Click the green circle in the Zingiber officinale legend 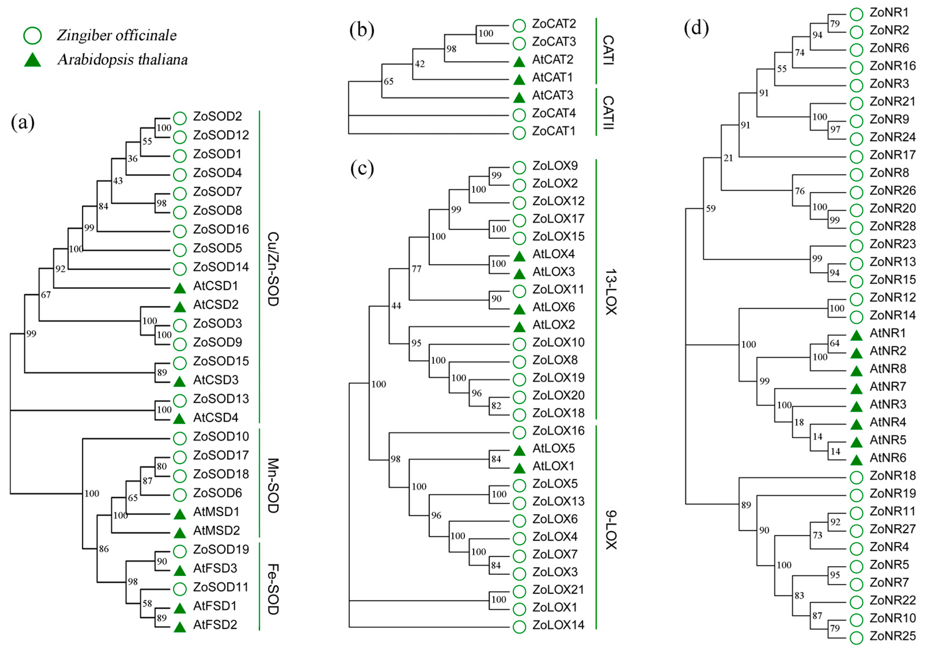33,36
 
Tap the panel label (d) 696,29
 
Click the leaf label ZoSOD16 221,229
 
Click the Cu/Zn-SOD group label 273,269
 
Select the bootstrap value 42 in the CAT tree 420,64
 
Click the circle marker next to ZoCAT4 519,115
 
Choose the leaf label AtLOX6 554,307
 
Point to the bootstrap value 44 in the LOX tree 396,306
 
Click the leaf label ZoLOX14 558,625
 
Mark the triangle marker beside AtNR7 856,389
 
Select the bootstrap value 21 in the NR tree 728,158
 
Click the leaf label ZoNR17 892,155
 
